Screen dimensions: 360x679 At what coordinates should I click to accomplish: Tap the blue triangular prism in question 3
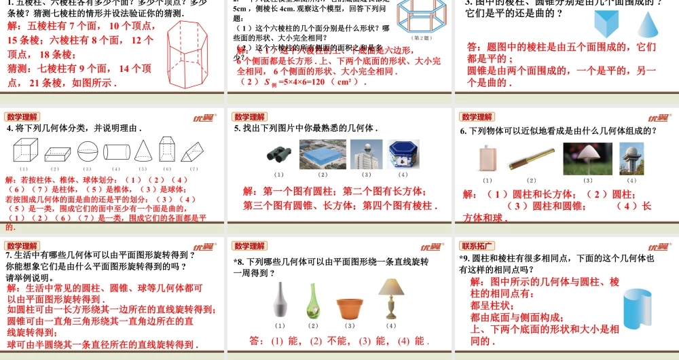[x=608, y=24]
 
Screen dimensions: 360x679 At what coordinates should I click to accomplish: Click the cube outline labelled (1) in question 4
[x=25, y=149]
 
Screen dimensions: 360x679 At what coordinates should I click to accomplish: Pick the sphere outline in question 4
[x=87, y=149]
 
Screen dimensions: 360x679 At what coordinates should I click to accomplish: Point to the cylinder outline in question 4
[x=117, y=150]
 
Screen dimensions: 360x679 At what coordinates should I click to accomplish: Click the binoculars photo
[x=279, y=155]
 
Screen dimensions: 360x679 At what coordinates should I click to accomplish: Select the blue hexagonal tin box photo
[x=403, y=154]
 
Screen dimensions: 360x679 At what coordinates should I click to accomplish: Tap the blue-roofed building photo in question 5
[x=323, y=154]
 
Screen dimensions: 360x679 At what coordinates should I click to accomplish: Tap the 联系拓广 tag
[x=477, y=245]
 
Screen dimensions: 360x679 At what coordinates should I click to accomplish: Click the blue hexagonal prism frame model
[x=424, y=19]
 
